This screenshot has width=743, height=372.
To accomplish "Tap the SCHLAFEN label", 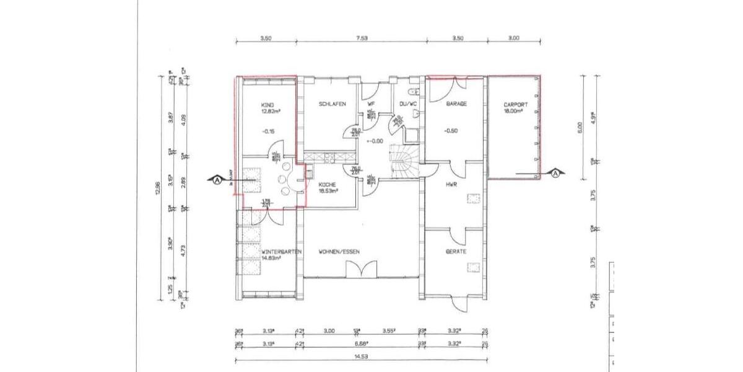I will pyautogui.click(x=332, y=104).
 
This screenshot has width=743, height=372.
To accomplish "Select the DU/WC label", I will pyautogui.click(x=409, y=104).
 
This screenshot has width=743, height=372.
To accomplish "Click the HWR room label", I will pyautogui.click(x=451, y=184).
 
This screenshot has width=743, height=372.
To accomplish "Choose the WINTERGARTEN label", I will pyautogui.click(x=282, y=252).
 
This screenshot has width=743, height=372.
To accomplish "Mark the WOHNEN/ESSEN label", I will pyautogui.click(x=339, y=252).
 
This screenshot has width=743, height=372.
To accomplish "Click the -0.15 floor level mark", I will pyautogui.click(x=269, y=131).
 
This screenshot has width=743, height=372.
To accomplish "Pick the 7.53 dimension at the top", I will pyautogui.click(x=362, y=38).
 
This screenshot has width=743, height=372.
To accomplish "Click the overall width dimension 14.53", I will pyautogui.click(x=361, y=357).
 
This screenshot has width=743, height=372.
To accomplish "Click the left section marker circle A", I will pyautogui.click(x=217, y=180).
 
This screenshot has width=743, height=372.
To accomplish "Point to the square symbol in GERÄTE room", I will pyautogui.click(x=474, y=267).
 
